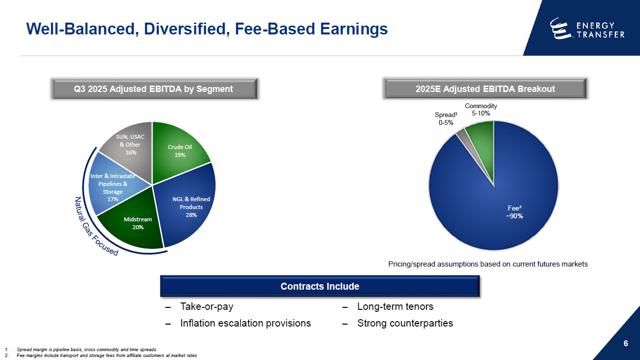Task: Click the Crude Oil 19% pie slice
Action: pos(180,150)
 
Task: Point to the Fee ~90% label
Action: pos(514,212)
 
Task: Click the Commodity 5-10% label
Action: pos(481,109)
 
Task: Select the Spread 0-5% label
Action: pos(446,119)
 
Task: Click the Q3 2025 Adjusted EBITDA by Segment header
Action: pos(153,89)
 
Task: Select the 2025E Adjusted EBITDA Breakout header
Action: pos(485,89)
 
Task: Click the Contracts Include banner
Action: pos(320,286)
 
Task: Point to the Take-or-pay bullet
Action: pos(207,306)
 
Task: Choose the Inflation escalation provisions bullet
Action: pos(245,323)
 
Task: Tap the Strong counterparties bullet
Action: pos(404,323)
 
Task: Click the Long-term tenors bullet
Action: pos(395,306)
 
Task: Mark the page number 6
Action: pos(625,343)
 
